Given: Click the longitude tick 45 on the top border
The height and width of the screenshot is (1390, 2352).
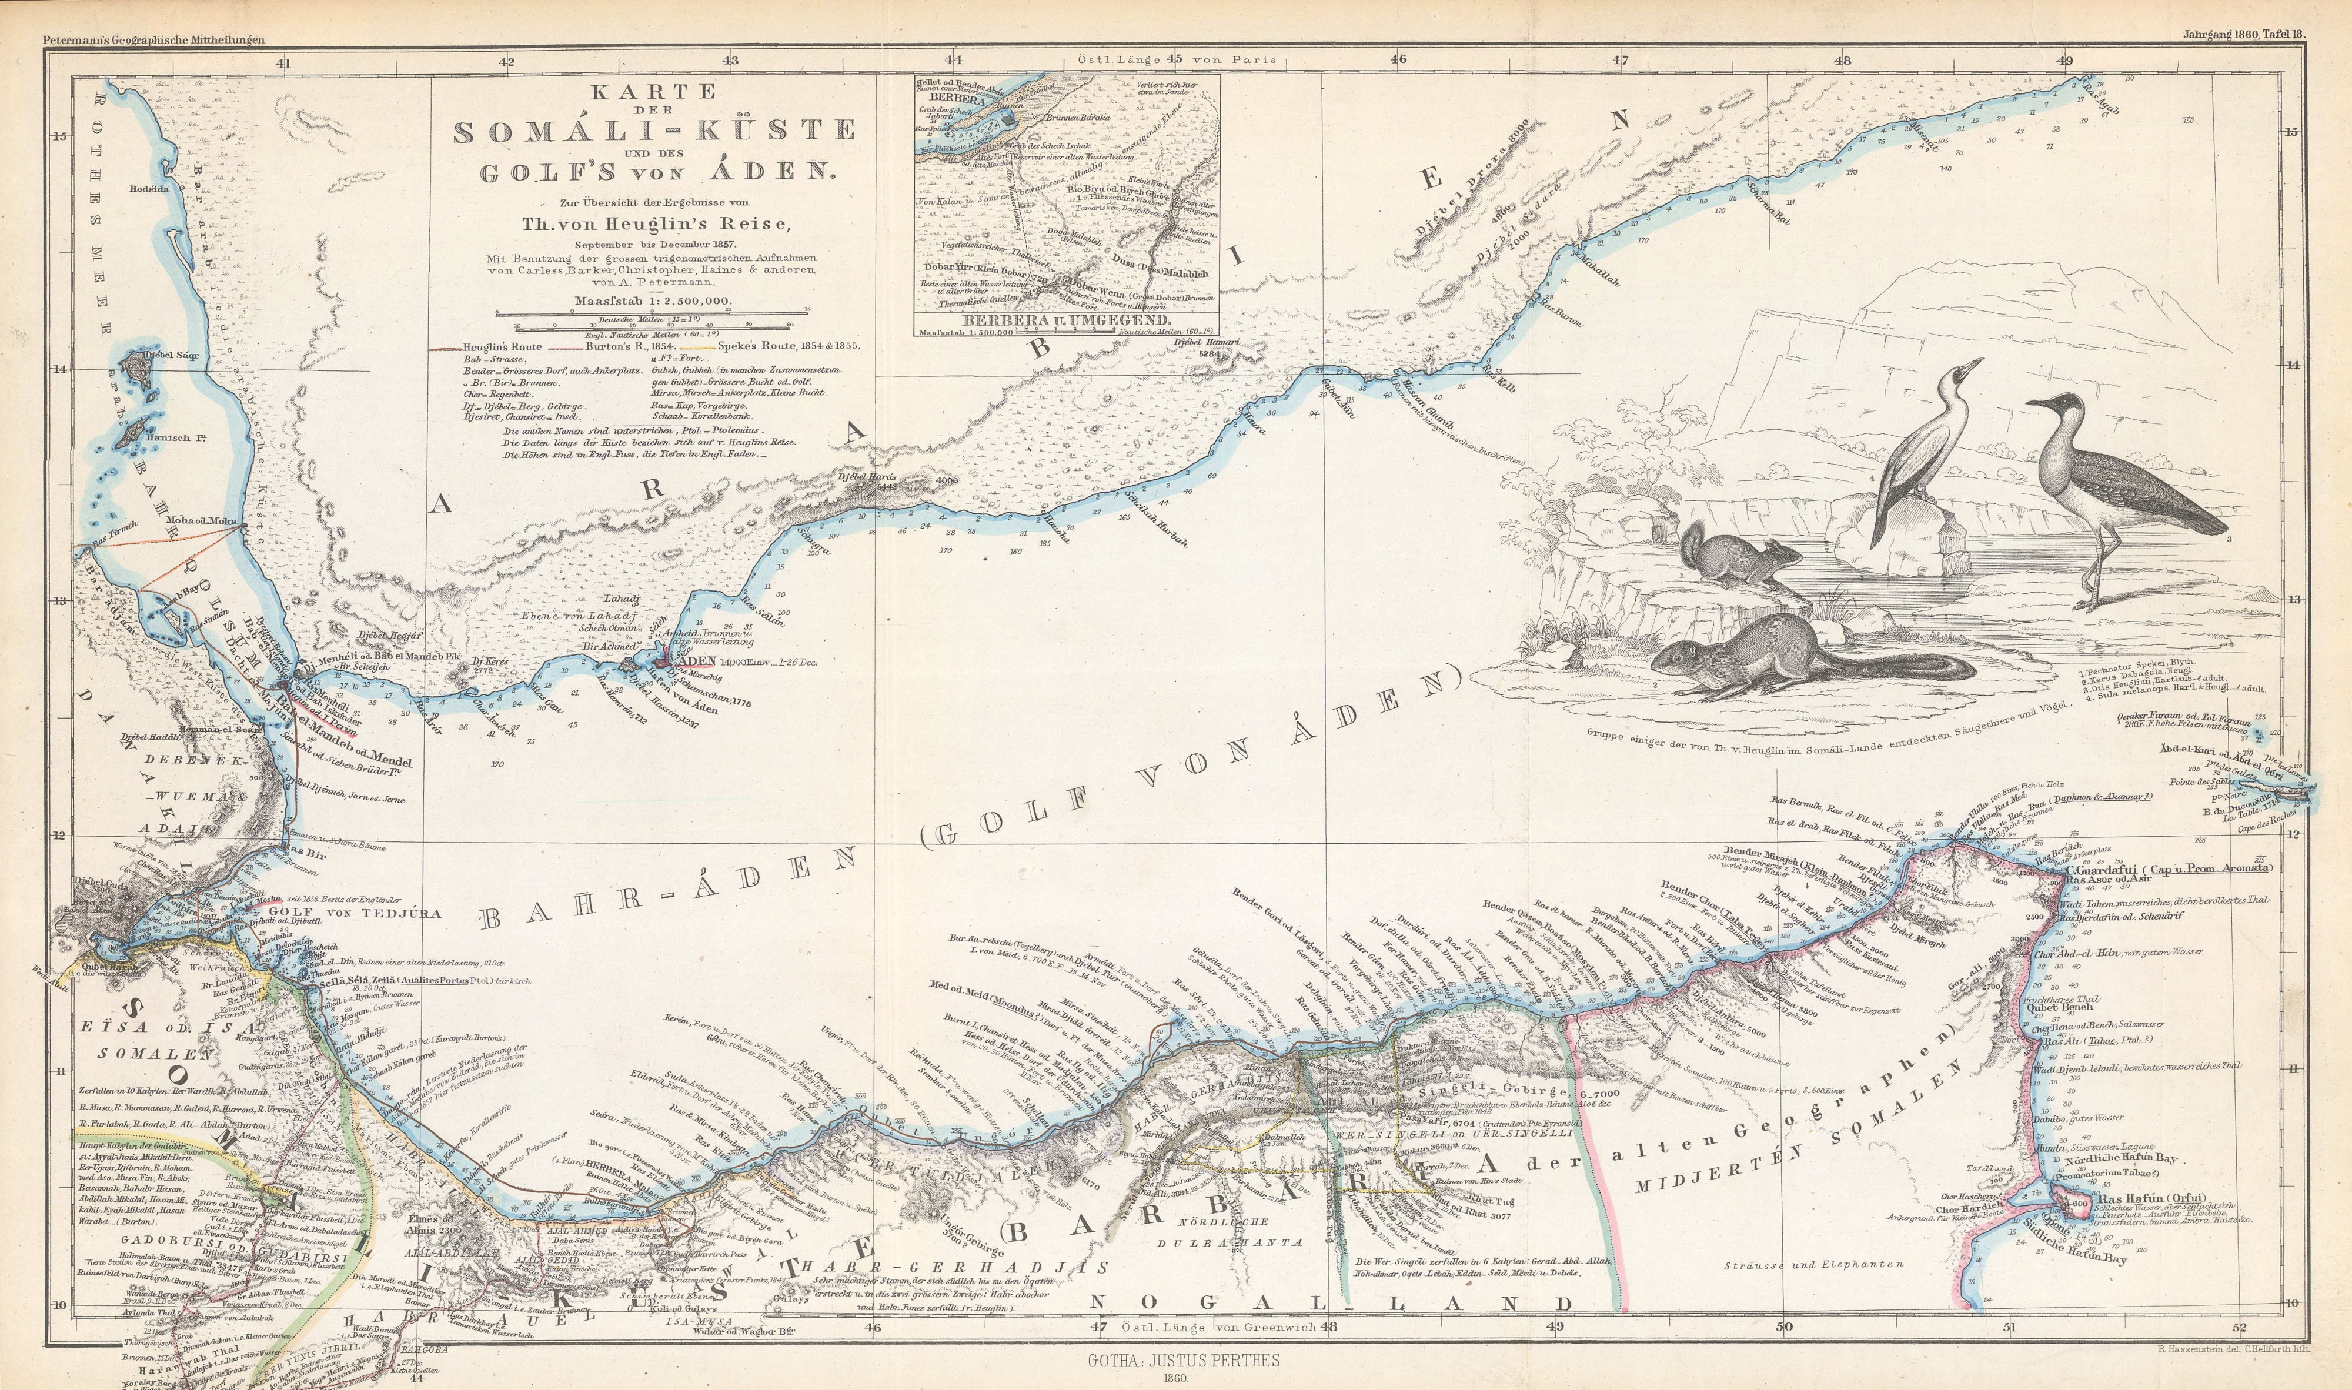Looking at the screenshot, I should point(1172,59).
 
